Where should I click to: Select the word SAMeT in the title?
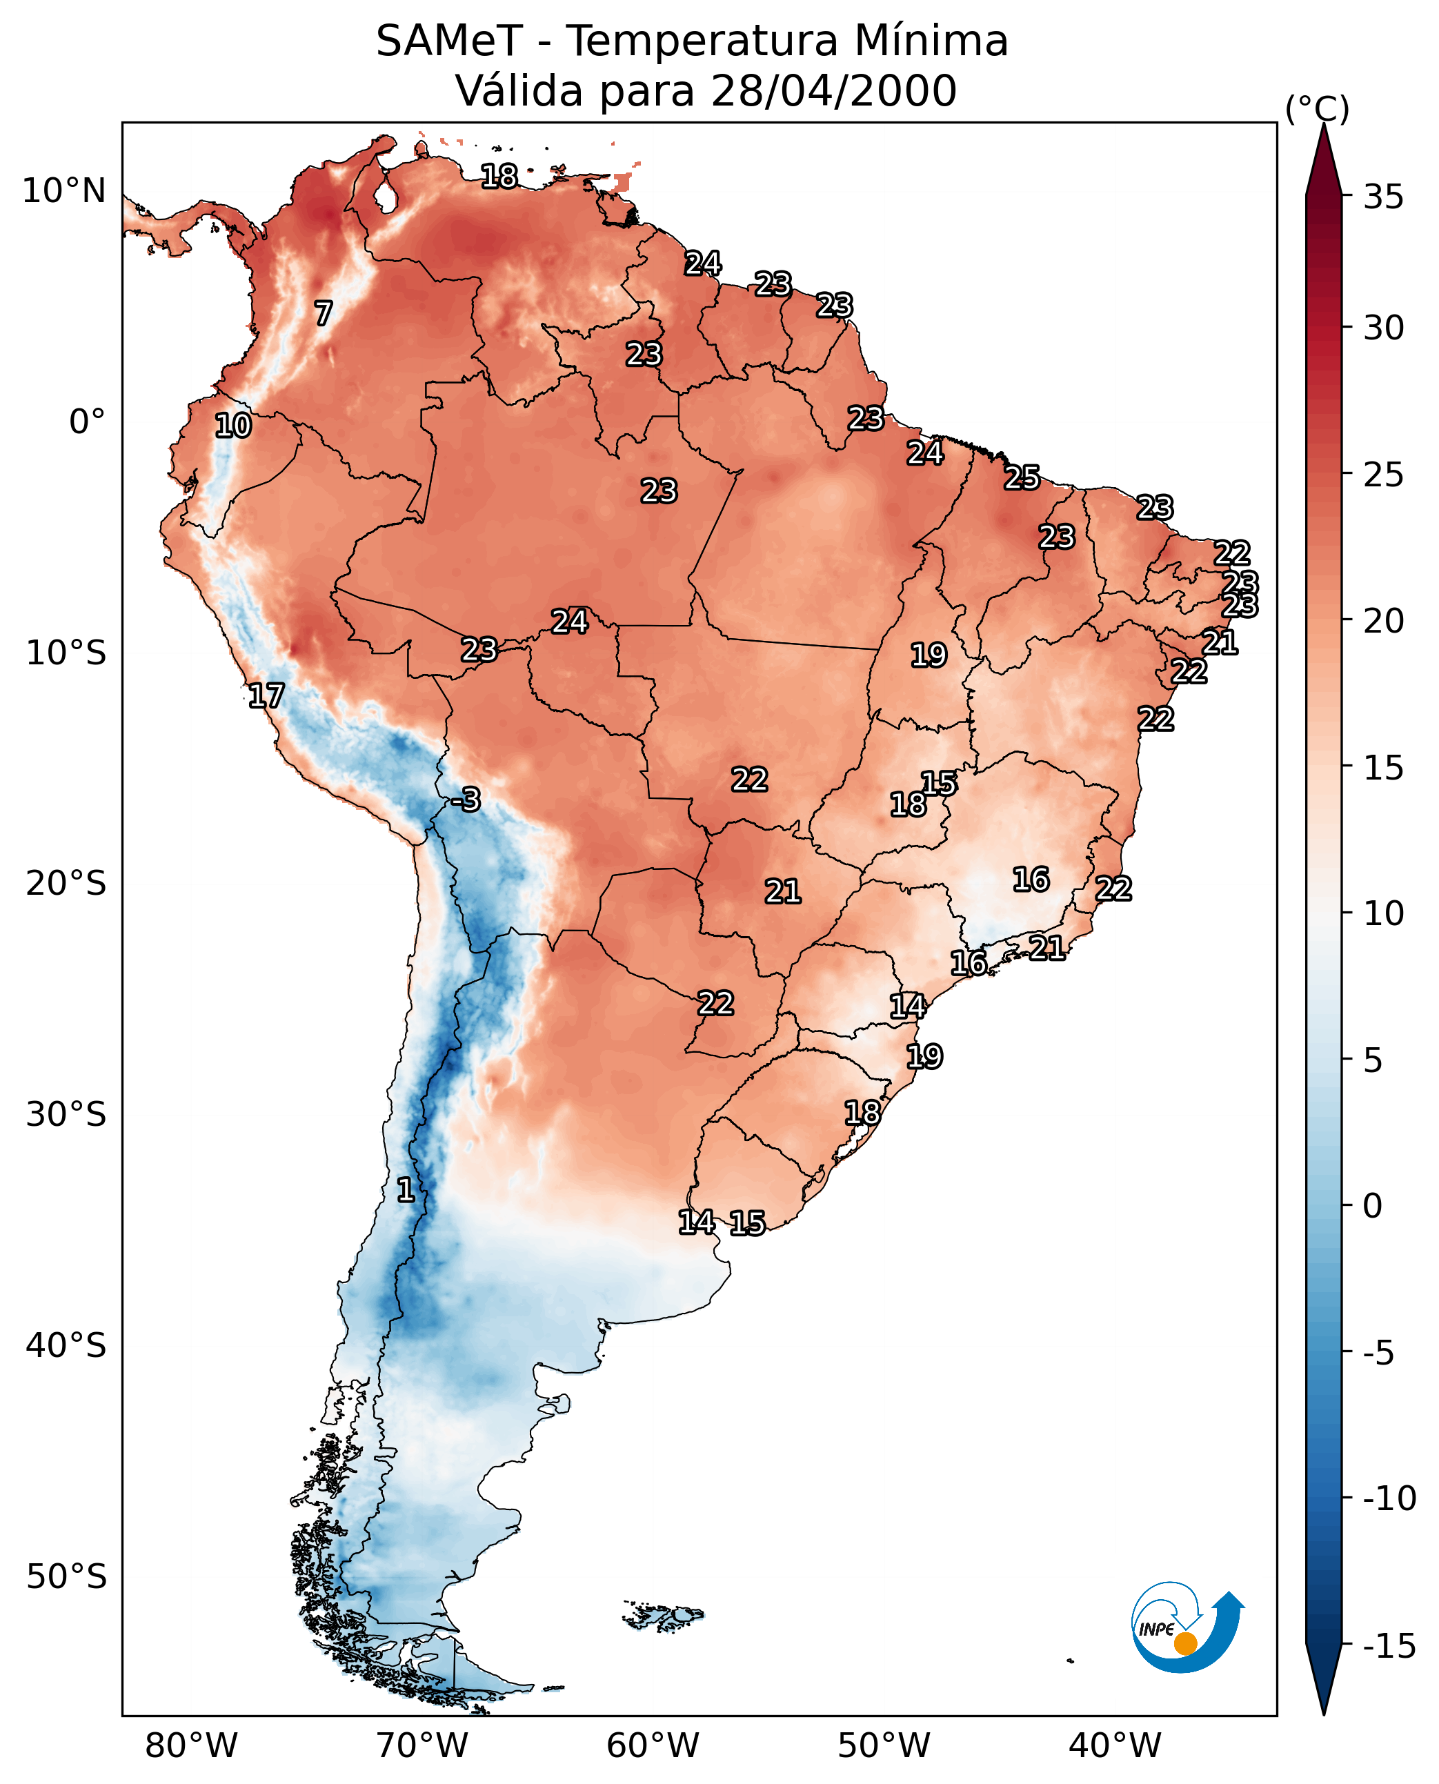pyautogui.click(x=448, y=41)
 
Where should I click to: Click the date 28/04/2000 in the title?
pyautogui.click(x=833, y=91)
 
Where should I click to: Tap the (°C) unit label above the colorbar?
pyautogui.click(x=1317, y=110)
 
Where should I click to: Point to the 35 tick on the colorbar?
pyautogui.click(x=1383, y=197)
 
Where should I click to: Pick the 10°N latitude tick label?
pyautogui.click(x=64, y=192)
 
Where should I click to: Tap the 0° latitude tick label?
pyautogui.click(x=87, y=422)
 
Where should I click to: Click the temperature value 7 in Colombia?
pyautogui.click(x=324, y=313)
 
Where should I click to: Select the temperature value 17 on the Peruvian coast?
pyautogui.click(x=266, y=695)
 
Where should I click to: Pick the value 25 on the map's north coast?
pyautogui.click(x=1022, y=478)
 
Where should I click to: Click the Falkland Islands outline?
pyautogui.click(x=663, y=1615)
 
